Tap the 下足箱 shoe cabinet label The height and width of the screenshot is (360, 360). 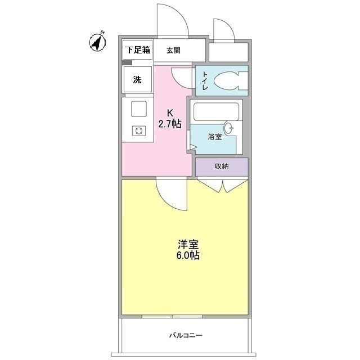click(137, 50)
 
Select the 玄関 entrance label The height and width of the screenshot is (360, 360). click(174, 50)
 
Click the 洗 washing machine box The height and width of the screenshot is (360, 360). click(137, 79)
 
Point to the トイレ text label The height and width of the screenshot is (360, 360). click(203, 81)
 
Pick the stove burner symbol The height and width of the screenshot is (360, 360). click(138, 131)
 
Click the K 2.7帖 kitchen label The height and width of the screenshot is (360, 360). click(169, 119)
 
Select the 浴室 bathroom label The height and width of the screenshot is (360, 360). click(215, 137)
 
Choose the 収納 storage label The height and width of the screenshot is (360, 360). click(221, 166)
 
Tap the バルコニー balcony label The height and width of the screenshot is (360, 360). click(186, 336)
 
